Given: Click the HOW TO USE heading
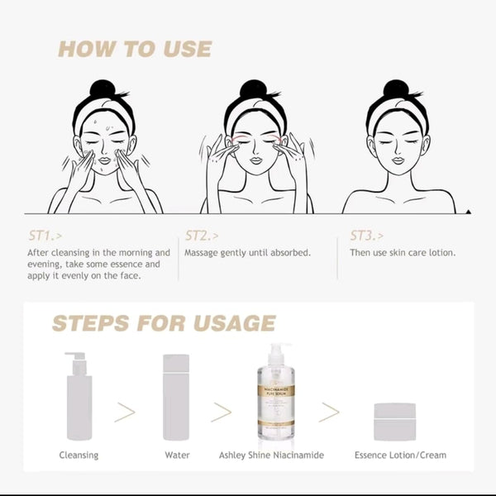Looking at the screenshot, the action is point(135,49).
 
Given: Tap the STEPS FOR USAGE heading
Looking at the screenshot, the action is point(164,323).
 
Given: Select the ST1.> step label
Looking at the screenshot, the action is point(45,236).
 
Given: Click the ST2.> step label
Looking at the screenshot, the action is point(202,236).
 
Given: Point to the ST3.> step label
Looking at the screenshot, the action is point(366,236).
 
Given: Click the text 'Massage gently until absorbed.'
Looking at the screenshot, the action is point(247,253).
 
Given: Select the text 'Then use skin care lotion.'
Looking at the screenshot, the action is point(403,252).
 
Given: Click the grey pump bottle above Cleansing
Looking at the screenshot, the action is point(79,396).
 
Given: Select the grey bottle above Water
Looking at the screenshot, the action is point(176,398).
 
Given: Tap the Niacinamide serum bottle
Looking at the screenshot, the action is point(276,392).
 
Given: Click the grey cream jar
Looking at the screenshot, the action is point(395,422).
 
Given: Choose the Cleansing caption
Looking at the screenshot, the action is point(79,455).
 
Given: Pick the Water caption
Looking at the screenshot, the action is point(177,455).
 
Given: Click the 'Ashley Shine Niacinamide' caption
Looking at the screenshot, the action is point(271,455).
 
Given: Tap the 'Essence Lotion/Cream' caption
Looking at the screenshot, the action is point(400,455).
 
